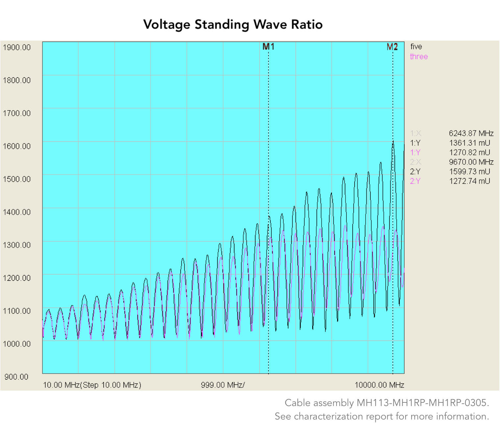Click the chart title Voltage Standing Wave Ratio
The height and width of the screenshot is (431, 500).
233,25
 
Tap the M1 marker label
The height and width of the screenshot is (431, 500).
268,47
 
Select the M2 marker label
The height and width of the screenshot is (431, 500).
392,47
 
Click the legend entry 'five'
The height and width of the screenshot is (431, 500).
416,47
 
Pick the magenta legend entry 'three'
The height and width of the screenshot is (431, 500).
419,57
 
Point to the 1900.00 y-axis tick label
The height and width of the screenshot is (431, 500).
17,47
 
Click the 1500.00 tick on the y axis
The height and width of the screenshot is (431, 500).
17,179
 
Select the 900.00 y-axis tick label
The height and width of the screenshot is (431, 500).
17,377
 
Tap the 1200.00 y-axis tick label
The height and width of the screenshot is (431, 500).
17,278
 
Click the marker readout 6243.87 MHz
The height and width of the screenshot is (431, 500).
471,133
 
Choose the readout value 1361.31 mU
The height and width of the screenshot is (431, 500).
469,143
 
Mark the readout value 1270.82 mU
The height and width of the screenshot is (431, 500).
469,152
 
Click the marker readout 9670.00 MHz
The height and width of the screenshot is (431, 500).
471,162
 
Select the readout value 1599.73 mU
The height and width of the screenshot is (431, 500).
469,171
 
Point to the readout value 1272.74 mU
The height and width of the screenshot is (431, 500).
469,181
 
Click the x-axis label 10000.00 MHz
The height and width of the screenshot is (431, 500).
379,385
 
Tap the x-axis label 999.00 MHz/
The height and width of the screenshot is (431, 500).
223,385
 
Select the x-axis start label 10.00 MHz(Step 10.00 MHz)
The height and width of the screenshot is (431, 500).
92,385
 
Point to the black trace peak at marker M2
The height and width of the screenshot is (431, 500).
393,142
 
